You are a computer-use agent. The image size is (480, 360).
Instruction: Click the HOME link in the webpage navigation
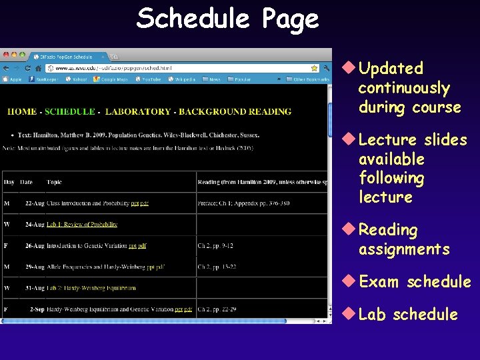tap(22, 111)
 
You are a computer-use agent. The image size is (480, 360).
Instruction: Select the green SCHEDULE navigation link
tap(70, 111)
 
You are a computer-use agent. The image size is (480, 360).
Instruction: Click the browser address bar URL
tap(113, 68)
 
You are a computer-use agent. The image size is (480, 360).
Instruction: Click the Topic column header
tap(54, 182)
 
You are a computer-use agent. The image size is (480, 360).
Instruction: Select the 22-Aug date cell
tap(35, 203)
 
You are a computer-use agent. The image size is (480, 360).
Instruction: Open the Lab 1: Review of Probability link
tap(82, 225)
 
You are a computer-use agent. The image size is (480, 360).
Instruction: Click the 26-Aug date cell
tap(35, 246)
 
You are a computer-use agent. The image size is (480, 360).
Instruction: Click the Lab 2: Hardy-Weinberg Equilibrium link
tap(91, 288)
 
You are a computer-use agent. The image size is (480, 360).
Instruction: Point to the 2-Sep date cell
tap(37, 309)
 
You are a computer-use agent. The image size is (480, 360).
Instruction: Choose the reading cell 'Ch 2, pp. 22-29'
tap(217, 309)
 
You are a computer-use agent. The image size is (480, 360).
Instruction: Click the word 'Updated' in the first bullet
tap(391, 68)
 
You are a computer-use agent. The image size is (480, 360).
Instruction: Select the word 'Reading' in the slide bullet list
tap(388, 230)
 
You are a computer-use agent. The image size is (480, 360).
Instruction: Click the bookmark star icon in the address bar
tap(315, 68)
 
